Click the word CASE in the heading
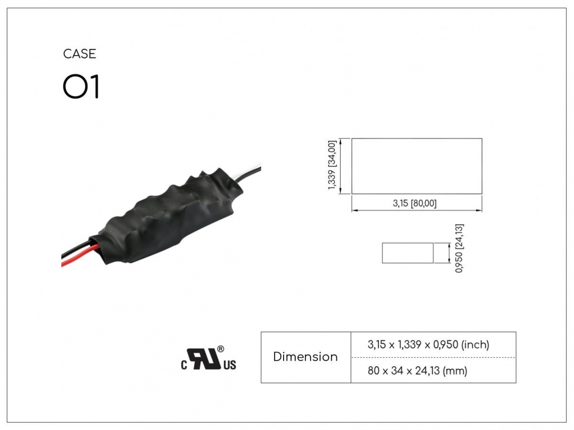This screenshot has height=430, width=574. (80, 54)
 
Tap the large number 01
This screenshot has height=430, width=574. (81, 86)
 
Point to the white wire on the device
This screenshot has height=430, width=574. (249, 167)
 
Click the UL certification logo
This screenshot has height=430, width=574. (208, 358)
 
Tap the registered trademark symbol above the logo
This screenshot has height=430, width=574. (221, 349)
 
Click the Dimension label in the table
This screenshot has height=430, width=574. (305, 357)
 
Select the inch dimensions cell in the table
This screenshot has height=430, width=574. (428, 345)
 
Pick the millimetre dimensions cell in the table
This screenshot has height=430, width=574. (417, 370)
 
